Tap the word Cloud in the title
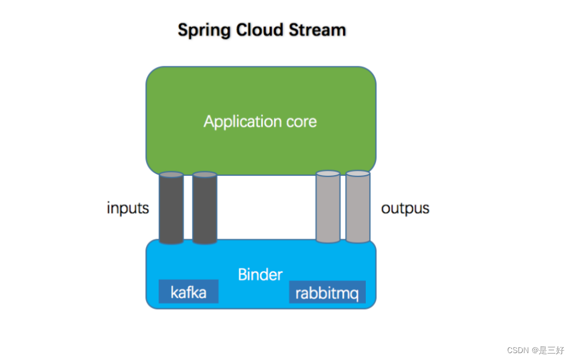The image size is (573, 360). pos(260,30)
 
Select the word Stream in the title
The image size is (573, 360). pos(317,30)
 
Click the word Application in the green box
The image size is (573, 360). pos(242,122)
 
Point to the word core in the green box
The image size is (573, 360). pos(302,122)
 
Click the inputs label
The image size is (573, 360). pos(128,208)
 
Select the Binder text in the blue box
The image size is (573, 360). pos(260,275)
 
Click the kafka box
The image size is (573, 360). pos(188,291)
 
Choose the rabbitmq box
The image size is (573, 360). pos(327,292)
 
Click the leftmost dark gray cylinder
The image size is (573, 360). pos(171,208)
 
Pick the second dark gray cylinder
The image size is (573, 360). pos(205,208)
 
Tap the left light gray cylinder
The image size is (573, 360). pos(328,207)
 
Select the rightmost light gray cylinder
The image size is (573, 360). pos(358,207)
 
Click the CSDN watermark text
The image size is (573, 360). pos(518,350)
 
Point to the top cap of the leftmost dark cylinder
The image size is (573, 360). pos(171,175)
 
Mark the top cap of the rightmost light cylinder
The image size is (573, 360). pos(358,173)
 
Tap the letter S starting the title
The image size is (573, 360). pos(183,30)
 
